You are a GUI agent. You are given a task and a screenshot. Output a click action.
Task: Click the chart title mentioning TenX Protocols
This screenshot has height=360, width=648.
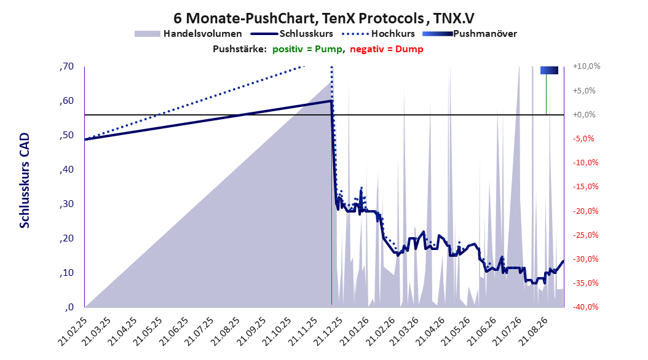323,18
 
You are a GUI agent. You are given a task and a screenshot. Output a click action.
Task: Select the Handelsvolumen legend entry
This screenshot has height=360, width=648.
188,34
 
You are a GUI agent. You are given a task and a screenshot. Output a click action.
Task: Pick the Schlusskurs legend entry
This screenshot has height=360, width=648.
291,34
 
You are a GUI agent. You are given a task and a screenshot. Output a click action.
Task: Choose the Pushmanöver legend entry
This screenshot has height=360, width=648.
470,34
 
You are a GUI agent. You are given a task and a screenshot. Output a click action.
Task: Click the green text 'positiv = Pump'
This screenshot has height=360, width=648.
307,49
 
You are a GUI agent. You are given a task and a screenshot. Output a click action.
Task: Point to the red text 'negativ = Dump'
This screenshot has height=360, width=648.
387,49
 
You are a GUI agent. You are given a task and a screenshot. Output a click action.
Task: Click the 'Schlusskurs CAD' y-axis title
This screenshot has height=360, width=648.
25,181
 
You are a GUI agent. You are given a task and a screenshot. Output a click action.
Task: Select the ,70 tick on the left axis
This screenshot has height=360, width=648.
66,66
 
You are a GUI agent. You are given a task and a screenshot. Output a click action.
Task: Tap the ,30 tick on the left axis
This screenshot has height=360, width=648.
66,204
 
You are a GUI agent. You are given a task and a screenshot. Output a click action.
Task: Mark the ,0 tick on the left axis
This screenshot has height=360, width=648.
69,307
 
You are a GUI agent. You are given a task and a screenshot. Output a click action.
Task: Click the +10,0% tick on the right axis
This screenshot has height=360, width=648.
587,66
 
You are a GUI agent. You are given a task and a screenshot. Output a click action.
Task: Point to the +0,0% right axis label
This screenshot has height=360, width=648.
584,114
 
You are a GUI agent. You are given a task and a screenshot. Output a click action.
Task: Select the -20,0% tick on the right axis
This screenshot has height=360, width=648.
585,211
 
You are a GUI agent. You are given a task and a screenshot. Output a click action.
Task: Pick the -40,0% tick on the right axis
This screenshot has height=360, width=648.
585,307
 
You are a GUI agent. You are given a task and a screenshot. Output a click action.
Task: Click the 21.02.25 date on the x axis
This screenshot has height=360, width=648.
74,331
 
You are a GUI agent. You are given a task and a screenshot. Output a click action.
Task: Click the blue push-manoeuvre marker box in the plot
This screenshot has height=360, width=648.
549,70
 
